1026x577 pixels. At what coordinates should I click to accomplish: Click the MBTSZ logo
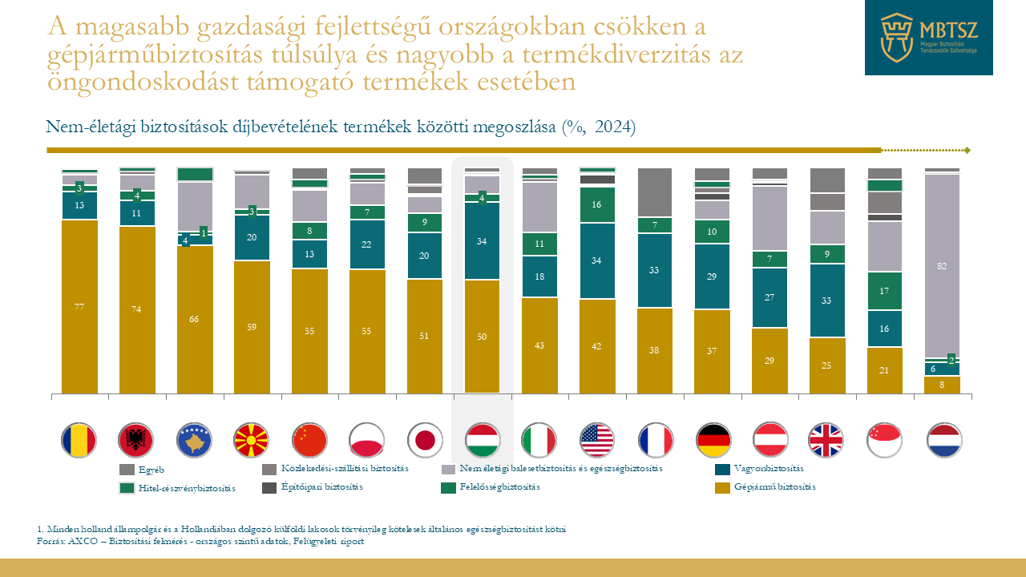[928, 38]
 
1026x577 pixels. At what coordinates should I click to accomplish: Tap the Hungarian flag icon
[483, 440]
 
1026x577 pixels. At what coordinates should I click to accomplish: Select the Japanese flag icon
[425, 440]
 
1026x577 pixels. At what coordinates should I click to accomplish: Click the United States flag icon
[597, 440]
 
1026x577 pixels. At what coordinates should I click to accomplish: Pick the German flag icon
[713, 440]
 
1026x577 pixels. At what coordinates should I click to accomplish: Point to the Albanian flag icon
[136, 440]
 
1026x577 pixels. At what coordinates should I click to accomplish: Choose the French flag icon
[655, 440]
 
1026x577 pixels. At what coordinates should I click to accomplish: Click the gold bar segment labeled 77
[79, 306]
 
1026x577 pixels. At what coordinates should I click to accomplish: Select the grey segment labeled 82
[942, 265]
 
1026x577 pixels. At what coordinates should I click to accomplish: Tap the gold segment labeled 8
[942, 385]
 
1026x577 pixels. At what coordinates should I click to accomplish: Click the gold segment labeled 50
[483, 337]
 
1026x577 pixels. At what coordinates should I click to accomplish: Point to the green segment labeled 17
[884, 291]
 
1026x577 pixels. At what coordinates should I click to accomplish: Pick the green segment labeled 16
[597, 205]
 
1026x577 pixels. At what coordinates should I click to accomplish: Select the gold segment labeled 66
[194, 319]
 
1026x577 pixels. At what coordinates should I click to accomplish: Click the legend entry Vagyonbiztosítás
[768, 469]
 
